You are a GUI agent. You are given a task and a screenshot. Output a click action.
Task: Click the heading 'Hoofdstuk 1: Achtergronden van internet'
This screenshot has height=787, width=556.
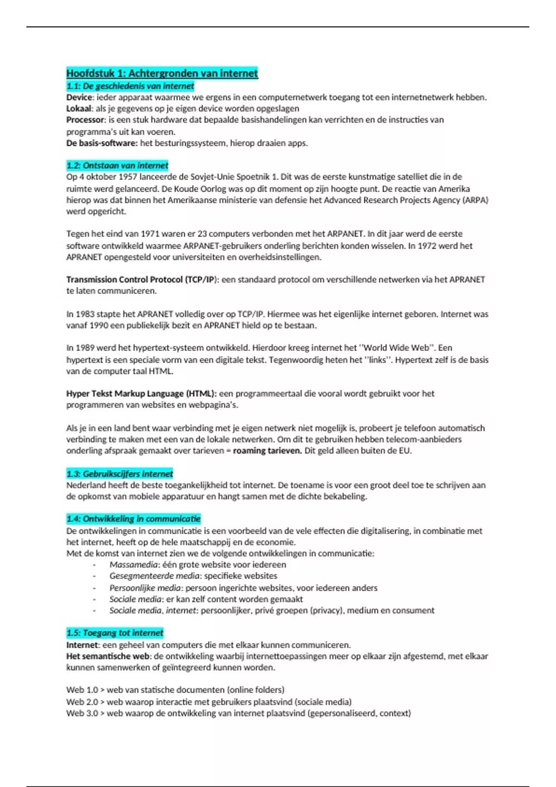pos(162,73)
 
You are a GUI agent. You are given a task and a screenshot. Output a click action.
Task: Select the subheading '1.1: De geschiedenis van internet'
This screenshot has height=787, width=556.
pos(130,86)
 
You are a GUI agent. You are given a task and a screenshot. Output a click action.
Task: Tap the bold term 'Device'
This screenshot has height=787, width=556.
pos(80,98)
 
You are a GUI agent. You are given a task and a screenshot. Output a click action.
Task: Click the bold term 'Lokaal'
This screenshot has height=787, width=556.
pos(79,109)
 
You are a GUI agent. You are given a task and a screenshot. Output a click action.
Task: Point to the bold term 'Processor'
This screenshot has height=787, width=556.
pos(85,120)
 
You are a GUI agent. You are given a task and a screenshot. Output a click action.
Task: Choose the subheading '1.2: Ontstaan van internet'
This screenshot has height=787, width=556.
pos(117,166)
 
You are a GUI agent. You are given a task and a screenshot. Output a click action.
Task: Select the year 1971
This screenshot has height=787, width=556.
pos(150,234)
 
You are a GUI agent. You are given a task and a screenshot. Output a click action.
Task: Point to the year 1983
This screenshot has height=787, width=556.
pos(85,314)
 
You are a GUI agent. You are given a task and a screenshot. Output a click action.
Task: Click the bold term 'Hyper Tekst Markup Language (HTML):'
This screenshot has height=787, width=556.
pos(141,393)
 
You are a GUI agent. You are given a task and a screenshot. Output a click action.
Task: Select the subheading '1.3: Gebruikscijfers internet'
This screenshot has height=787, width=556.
pos(120,474)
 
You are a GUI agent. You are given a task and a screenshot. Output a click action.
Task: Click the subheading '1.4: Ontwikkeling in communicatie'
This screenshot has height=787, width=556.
pos(133,519)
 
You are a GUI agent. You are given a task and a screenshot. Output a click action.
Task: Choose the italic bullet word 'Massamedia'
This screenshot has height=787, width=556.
pos(134,565)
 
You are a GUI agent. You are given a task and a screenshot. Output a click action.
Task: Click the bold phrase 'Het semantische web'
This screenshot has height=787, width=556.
pos(108,656)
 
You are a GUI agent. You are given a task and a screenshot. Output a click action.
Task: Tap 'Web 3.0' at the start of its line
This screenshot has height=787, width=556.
pos(82,713)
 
